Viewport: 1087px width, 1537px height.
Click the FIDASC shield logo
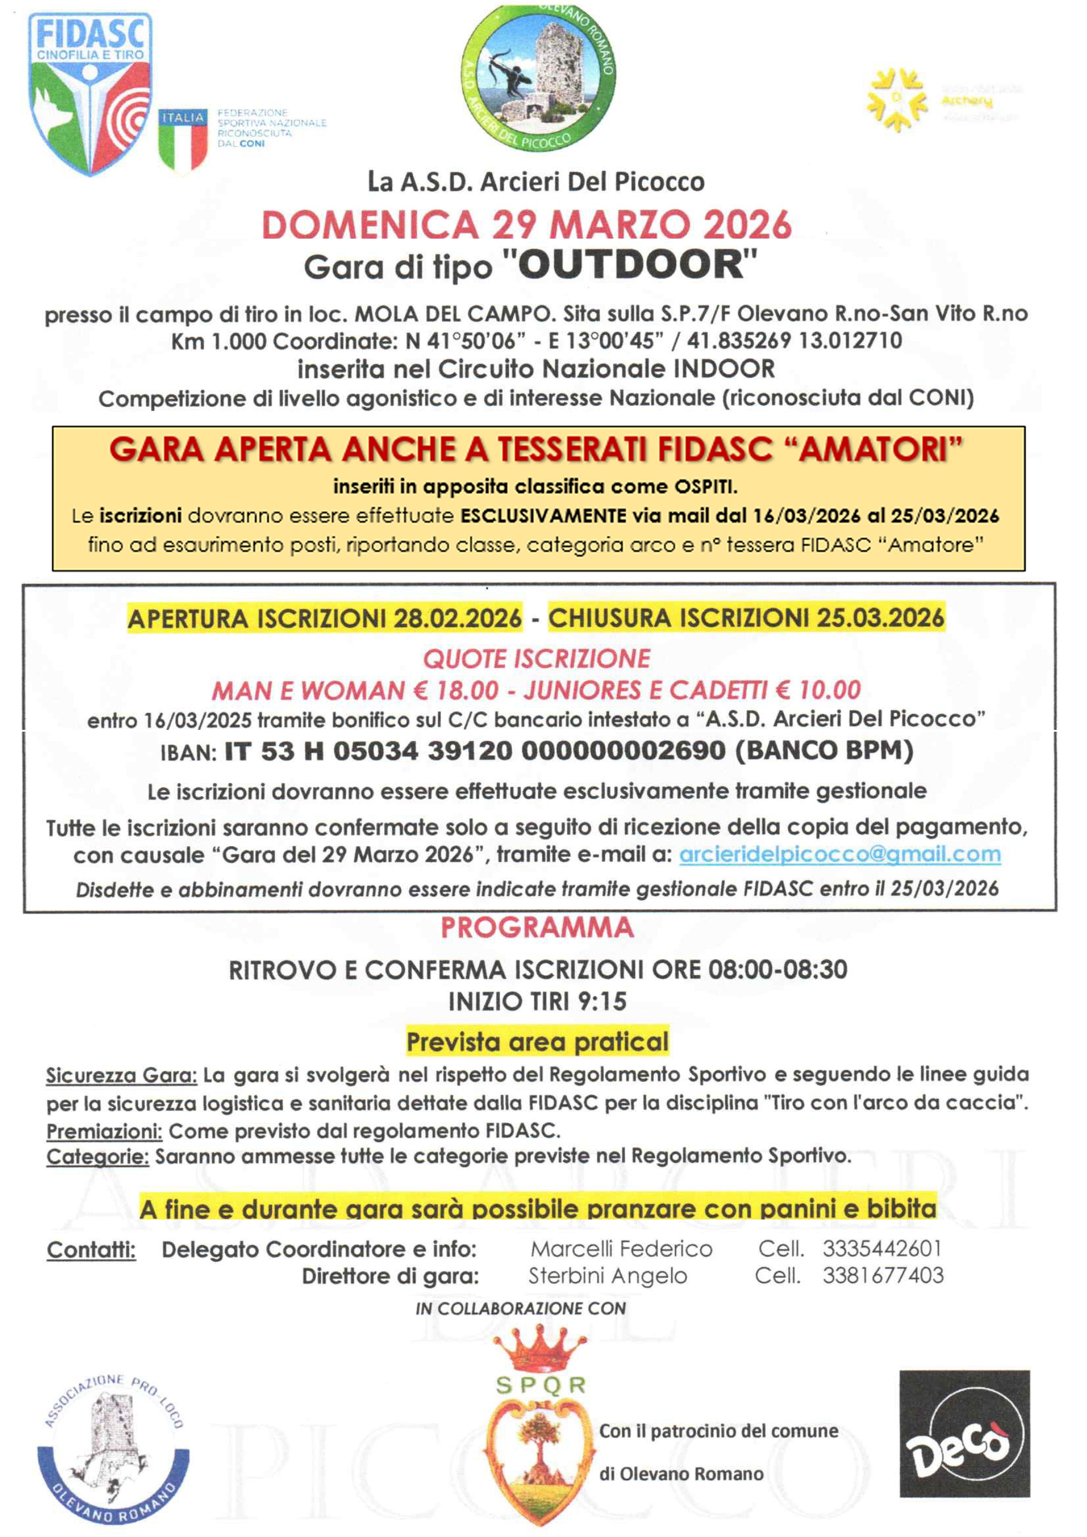(90, 94)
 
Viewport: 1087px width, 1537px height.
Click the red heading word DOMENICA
(370, 225)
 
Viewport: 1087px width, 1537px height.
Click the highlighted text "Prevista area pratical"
(538, 1042)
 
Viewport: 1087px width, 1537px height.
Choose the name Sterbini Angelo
(608, 1276)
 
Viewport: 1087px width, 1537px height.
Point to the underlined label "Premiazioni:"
(104, 1131)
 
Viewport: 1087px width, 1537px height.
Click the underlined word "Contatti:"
(91, 1250)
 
